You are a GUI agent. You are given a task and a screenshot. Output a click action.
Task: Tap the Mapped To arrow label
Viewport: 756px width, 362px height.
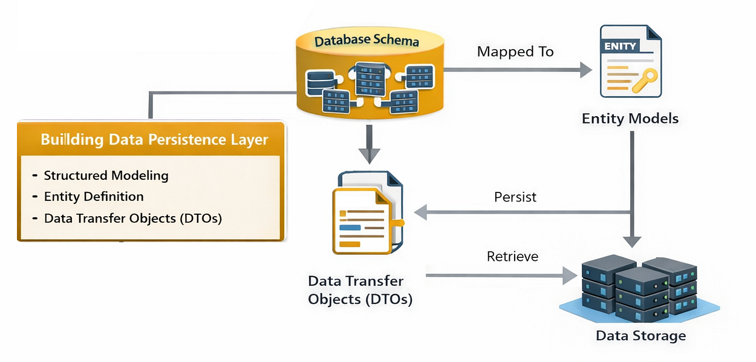(x=515, y=51)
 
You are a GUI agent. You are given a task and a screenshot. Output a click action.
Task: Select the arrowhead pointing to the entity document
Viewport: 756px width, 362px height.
(x=585, y=70)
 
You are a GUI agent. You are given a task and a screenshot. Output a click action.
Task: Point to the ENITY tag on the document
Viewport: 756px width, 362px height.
(x=619, y=45)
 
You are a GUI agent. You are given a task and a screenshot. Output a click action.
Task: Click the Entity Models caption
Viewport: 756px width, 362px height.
(x=630, y=118)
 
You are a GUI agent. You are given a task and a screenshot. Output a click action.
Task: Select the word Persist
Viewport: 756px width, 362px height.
(x=515, y=197)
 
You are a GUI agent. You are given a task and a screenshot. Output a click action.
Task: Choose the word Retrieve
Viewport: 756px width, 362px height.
(x=512, y=256)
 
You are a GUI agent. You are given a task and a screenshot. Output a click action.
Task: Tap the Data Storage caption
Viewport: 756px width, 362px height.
(x=640, y=335)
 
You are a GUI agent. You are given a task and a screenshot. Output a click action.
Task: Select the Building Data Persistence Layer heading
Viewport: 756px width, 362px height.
(x=154, y=140)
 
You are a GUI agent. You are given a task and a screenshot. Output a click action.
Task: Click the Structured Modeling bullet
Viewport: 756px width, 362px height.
(x=106, y=176)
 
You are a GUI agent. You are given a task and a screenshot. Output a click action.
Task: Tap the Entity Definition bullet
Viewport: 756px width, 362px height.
(x=94, y=197)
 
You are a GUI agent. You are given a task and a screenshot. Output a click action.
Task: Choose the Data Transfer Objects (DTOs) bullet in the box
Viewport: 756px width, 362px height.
(x=133, y=218)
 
